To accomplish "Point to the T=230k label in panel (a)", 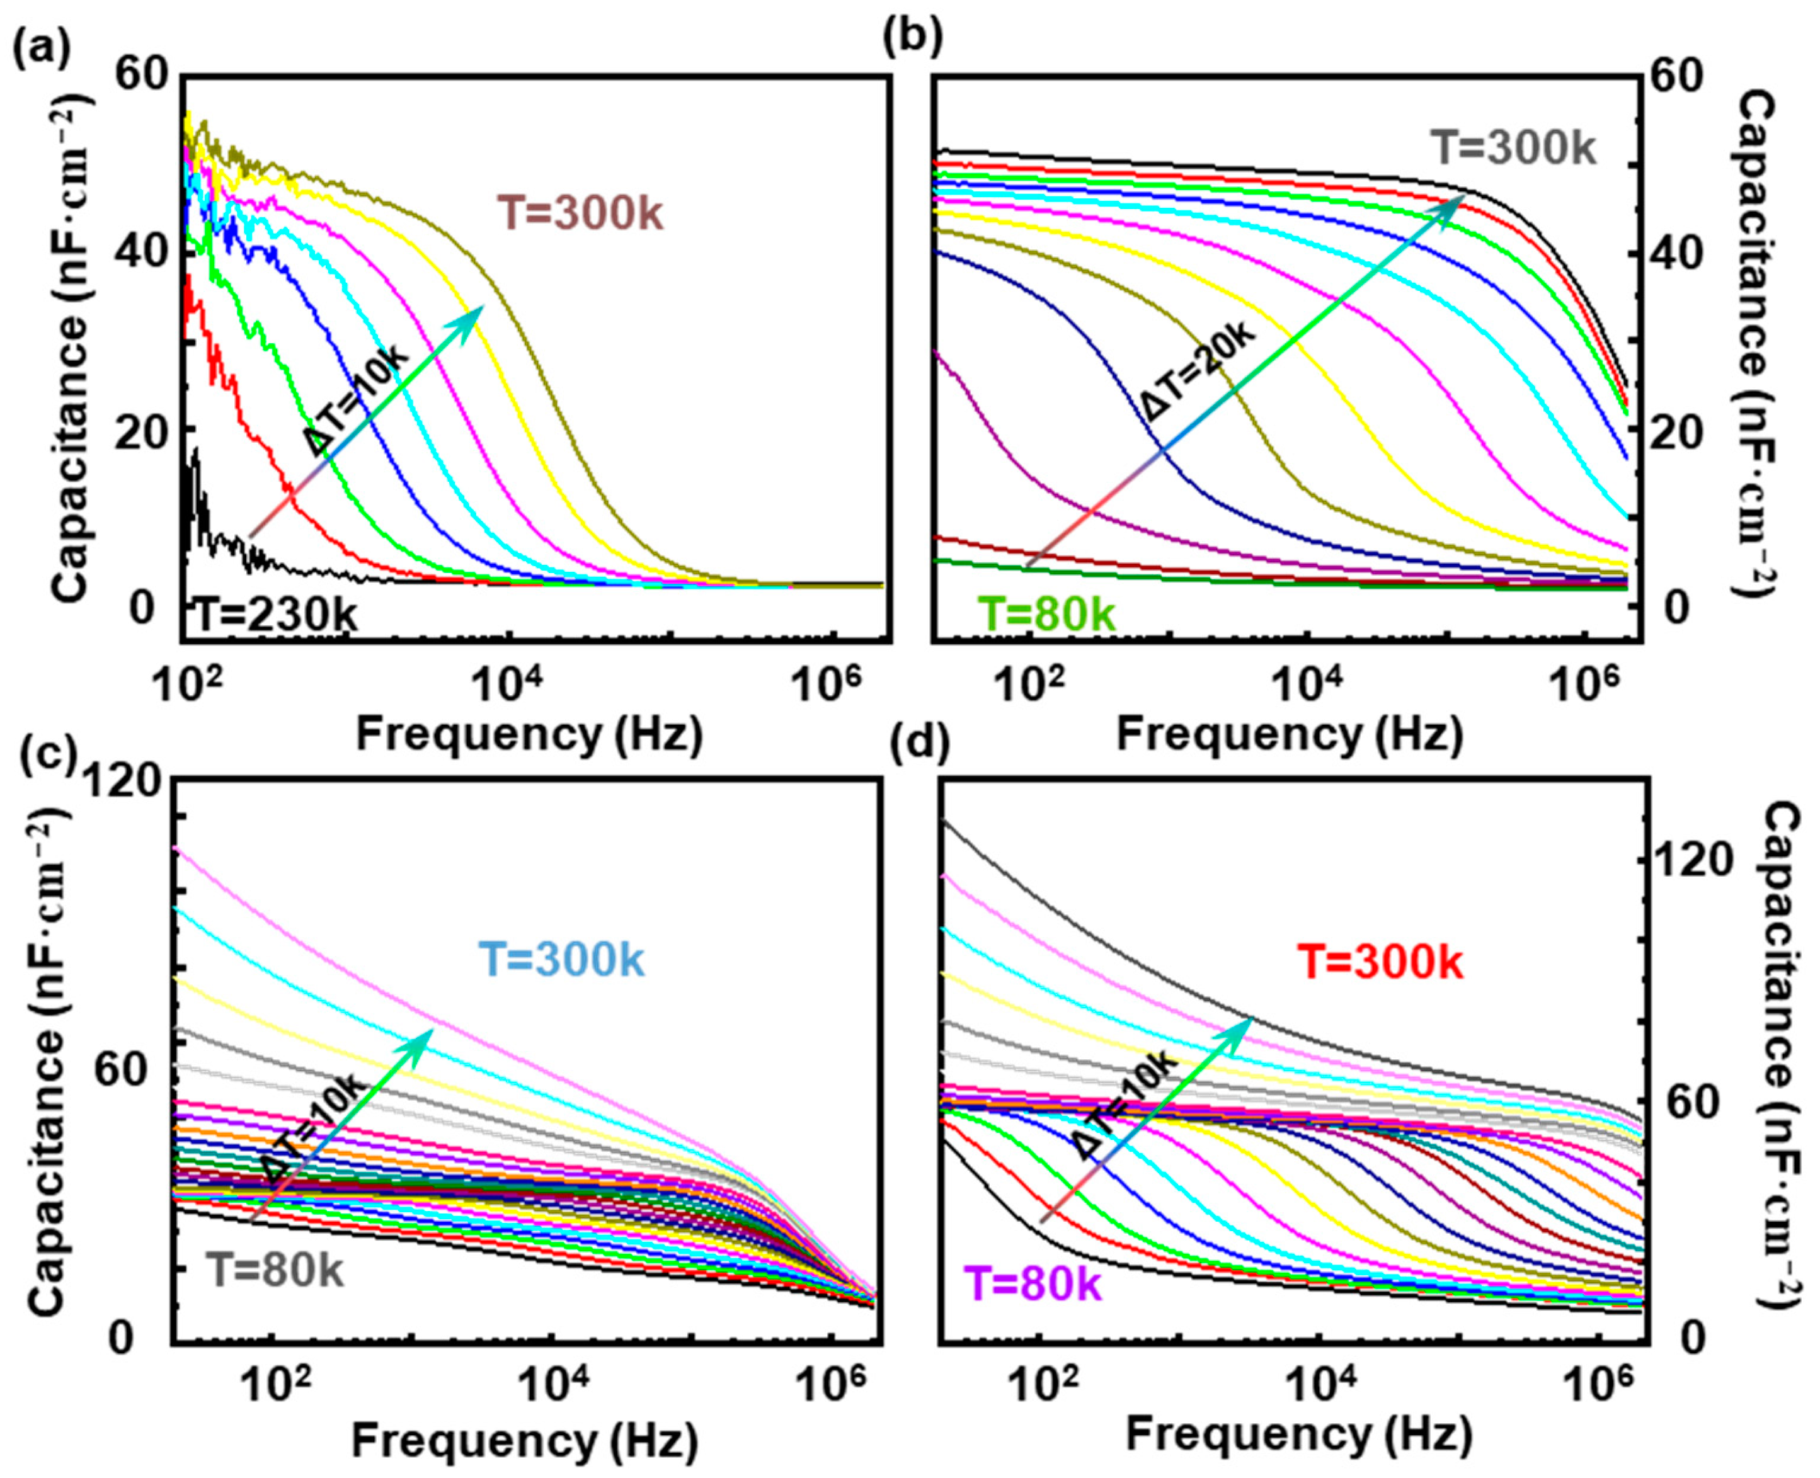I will click(273, 615).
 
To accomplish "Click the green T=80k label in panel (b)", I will click(1046, 614).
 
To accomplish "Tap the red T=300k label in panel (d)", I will click(1380, 964).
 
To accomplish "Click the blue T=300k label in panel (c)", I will click(561, 960).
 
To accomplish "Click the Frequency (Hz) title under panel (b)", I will click(1290, 733).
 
